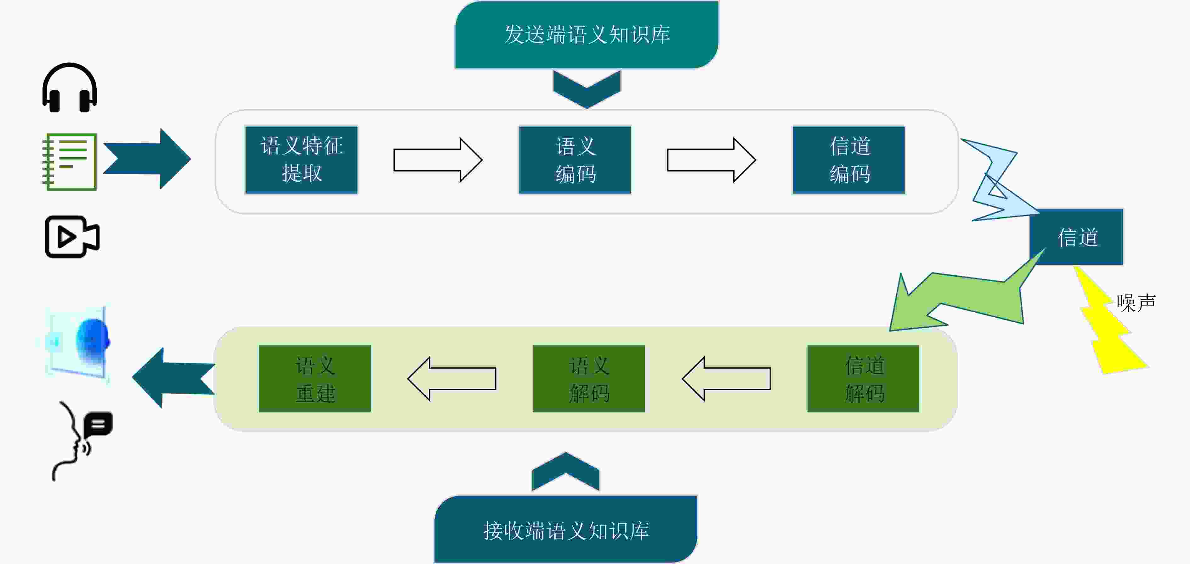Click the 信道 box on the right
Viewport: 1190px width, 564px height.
(x=1076, y=237)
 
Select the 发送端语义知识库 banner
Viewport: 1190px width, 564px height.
(x=587, y=35)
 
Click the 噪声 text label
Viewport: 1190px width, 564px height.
(x=1136, y=302)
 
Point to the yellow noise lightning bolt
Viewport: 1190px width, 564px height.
(x=1109, y=323)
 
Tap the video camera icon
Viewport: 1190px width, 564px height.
(x=72, y=236)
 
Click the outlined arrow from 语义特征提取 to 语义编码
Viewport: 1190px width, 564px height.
(x=438, y=160)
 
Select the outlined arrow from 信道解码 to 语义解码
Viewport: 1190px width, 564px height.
(x=726, y=379)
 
